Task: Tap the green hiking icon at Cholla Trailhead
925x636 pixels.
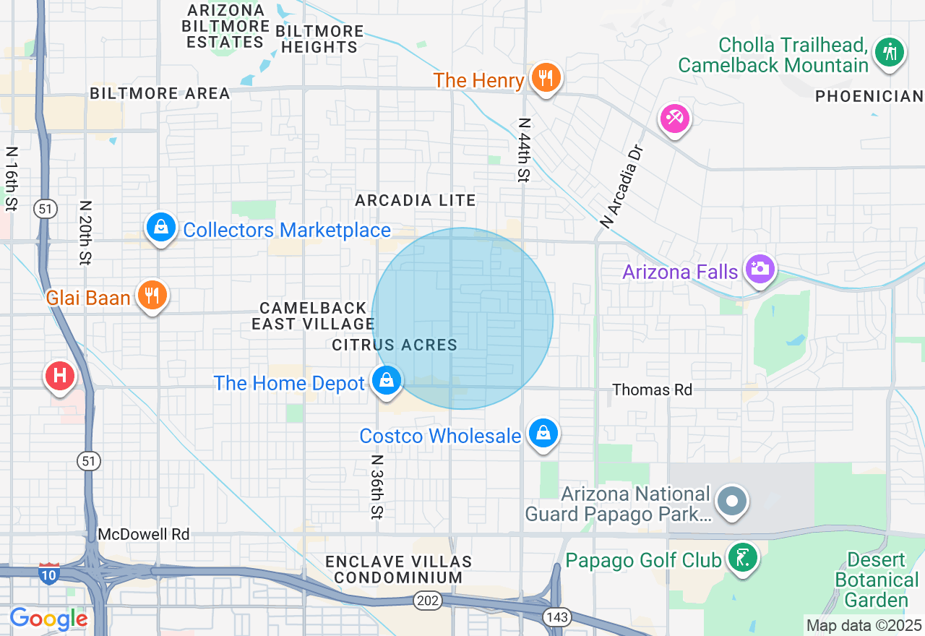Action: coord(889,53)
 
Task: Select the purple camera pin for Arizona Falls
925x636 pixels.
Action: coord(760,270)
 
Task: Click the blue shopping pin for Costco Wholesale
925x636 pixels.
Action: coord(543,434)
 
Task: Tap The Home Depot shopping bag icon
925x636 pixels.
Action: coord(387,380)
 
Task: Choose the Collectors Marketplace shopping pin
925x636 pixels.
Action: coord(161,228)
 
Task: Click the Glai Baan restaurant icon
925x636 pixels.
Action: coord(152,295)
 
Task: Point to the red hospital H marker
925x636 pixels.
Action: coord(60,376)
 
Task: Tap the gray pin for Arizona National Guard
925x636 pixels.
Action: coord(732,501)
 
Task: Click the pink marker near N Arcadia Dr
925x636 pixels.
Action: coord(675,117)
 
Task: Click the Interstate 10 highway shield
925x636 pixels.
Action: coord(48,574)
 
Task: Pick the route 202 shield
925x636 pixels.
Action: coord(424,600)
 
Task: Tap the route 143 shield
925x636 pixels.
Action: coord(557,617)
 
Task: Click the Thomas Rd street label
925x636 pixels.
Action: coord(652,390)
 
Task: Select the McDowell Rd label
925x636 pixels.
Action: coord(144,535)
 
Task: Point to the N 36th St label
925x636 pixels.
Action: coord(377,486)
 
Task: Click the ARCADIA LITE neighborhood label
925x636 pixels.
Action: coord(416,201)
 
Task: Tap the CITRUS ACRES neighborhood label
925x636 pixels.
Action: coord(395,345)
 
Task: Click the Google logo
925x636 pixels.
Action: coord(48,619)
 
